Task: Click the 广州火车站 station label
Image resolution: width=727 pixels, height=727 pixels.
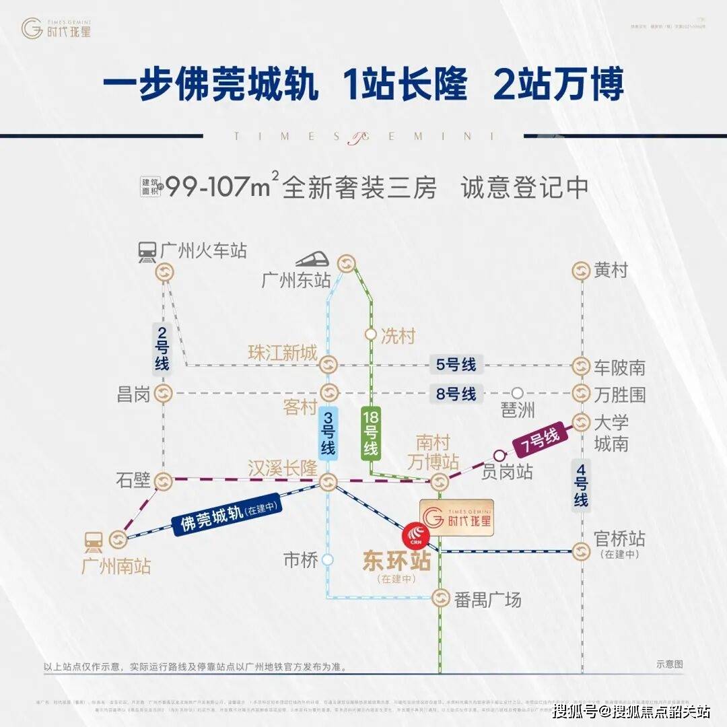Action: pos(204,251)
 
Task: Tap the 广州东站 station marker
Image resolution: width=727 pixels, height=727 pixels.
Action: pos(347,263)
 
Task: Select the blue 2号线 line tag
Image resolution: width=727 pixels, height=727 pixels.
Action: pos(162,348)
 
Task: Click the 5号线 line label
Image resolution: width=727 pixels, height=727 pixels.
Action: pos(456,366)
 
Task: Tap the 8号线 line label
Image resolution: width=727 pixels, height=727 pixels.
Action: pos(456,393)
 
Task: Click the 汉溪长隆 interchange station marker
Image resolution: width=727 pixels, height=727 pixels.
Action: pos(328,481)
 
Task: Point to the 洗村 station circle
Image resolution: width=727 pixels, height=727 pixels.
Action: pos(370,334)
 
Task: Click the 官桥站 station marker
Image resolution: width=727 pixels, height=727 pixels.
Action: pos(581,551)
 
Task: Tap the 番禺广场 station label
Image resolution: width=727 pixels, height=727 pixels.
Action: pos(487,599)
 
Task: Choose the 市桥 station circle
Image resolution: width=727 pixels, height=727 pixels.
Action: pos(328,559)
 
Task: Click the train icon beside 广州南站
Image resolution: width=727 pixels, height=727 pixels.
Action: pos(94,540)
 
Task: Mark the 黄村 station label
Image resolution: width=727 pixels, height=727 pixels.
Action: pos(611,271)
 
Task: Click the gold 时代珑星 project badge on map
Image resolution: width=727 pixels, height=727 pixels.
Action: pos(458,518)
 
